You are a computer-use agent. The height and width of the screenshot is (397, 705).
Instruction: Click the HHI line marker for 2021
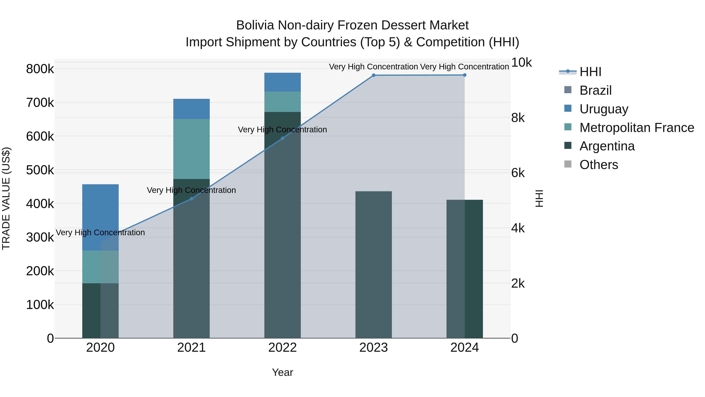(x=192, y=199)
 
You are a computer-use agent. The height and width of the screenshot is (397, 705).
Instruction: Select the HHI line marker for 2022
(x=282, y=138)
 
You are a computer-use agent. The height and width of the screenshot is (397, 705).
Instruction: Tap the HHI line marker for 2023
(x=374, y=75)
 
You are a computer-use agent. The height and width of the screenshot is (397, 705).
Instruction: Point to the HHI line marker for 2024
(x=465, y=75)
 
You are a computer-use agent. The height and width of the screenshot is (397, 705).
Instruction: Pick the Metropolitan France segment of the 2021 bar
(x=192, y=149)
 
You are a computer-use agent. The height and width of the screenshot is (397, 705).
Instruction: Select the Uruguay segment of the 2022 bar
(x=282, y=82)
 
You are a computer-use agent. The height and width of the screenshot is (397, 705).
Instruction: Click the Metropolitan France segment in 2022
(x=282, y=102)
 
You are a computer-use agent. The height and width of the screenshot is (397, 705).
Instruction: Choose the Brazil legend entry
(x=596, y=90)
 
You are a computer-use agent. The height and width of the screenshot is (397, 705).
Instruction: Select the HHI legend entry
(x=590, y=72)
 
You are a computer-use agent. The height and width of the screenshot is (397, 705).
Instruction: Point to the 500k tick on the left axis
(x=40, y=170)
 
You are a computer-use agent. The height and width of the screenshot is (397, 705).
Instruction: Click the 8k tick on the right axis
(x=518, y=118)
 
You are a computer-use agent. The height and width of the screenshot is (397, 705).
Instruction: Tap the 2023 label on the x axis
(x=374, y=348)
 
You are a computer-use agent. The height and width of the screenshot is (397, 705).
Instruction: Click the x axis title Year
(x=282, y=372)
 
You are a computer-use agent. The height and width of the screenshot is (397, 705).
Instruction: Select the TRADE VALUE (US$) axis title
(x=6, y=198)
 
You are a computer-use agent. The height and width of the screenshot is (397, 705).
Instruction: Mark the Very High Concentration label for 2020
(x=100, y=233)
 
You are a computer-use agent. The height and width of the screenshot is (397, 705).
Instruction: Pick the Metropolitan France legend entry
(x=637, y=128)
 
